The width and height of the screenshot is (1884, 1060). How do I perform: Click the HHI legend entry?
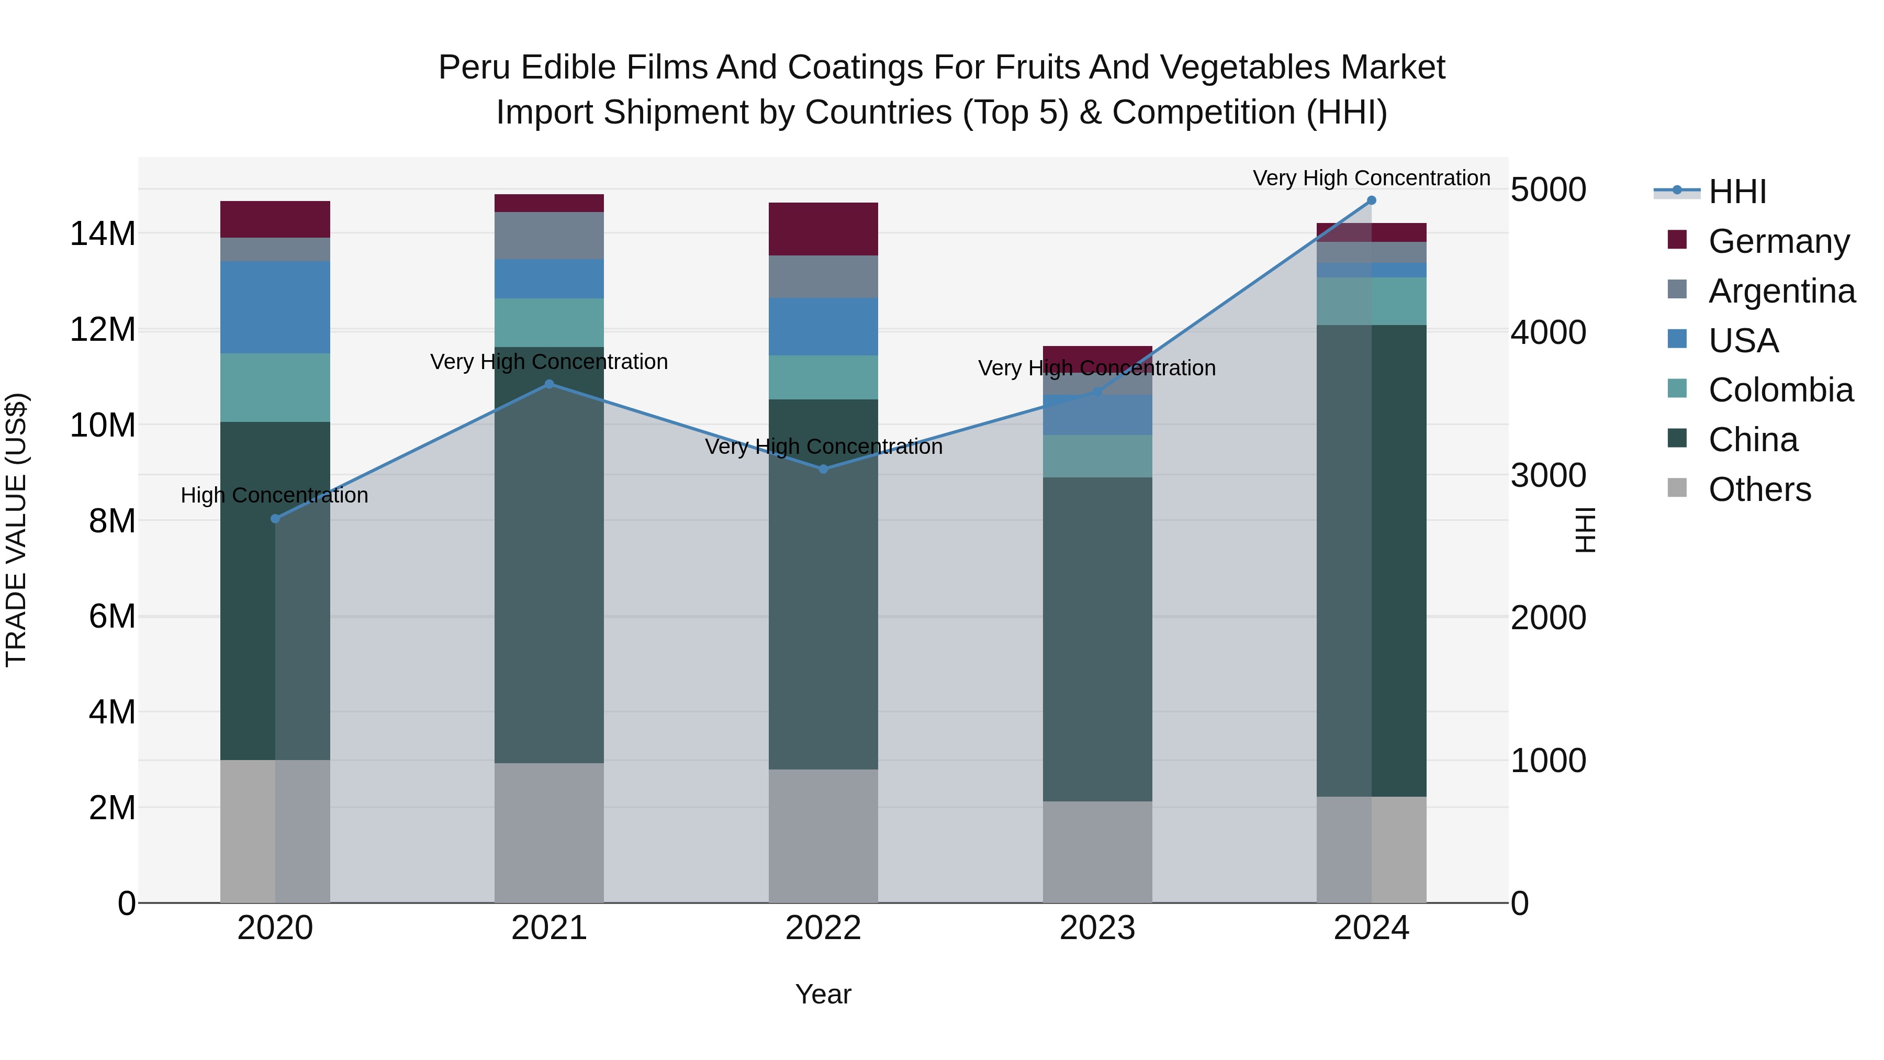point(1736,192)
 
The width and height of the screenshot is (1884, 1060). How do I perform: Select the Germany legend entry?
point(1778,241)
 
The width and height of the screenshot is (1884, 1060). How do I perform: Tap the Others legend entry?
point(1759,489)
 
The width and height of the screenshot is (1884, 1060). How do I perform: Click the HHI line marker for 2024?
point(1371,200)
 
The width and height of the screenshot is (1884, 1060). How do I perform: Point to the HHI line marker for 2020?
point(275,519)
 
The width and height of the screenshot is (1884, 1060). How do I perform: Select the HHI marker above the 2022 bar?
point(824,469)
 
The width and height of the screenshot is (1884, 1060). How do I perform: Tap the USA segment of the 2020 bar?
point(275,307)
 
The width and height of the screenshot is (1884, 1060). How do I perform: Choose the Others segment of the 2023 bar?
point(1097,852)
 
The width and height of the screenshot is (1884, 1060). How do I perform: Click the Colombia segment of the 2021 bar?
point(549,322)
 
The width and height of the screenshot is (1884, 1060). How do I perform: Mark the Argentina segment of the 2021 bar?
point(549,236)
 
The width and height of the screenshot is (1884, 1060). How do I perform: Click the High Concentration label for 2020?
point(274,495)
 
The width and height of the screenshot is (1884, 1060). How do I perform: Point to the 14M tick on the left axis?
point(103,234)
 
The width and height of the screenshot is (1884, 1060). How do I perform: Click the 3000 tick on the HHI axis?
point(1549,475)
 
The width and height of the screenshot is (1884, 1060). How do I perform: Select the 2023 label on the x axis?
point(1097,928)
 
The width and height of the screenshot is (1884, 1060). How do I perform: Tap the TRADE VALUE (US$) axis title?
point(16,530)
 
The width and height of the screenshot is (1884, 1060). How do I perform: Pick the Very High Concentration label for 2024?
point(1371,178)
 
